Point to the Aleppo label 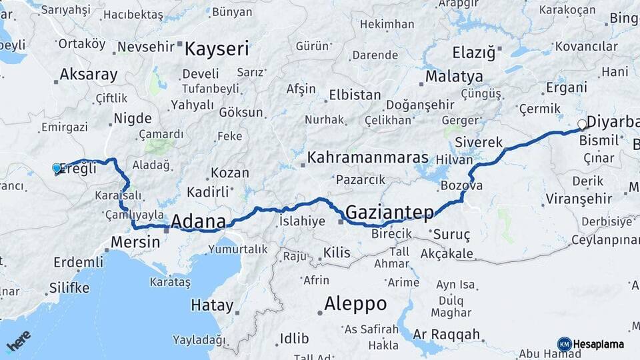pos(355,304)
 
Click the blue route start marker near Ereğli pos(57,169)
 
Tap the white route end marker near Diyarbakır pos(582,124)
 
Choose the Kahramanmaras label pos(367,159)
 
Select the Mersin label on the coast pos(135,242)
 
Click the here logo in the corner pos(19,341)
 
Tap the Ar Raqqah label pos(446,334)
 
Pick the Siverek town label pos(479,142)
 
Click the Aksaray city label pos(88,75)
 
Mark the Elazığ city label pos(474,52)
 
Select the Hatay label pos(212,306)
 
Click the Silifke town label pos(69,288)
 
